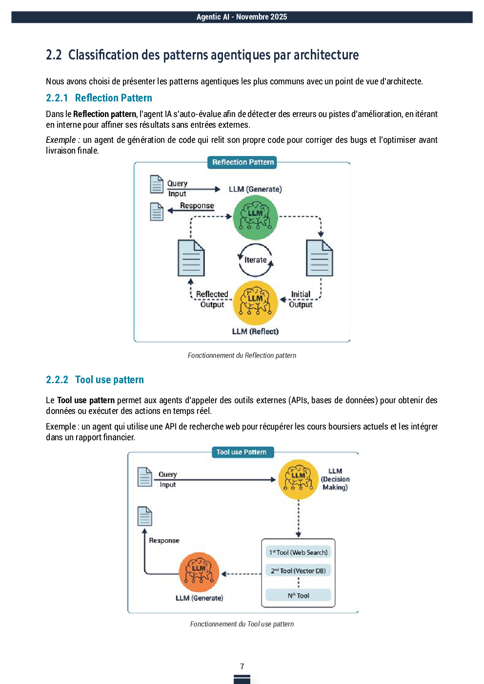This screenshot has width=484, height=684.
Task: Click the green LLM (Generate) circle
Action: coord(255,217)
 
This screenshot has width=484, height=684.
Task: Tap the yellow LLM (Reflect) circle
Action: coord(255,302)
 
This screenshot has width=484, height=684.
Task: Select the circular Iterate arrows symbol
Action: coord(255,260)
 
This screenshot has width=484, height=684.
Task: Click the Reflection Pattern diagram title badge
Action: coord(243,162)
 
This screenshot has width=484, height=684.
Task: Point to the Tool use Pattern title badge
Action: coord(242,452)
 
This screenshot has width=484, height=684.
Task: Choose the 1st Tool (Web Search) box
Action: coord(298,552)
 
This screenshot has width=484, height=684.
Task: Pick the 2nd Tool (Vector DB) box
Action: coord(298,570)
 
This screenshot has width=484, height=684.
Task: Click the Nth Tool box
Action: coord(298,595)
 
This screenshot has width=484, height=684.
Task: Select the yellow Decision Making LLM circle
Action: coord(298,479)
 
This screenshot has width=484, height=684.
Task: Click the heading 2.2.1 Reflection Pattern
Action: coord(99,98)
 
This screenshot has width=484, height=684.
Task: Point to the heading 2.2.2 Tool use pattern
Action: coord(95,380)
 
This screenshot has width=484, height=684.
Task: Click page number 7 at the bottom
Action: coord(242,666)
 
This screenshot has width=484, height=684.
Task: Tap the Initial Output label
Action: coord(301,299)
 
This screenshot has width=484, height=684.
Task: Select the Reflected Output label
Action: coord(212,299)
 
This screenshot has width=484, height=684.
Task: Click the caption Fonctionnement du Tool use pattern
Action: coord(242,624)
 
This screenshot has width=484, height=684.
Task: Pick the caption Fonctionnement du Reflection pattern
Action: coord(242,355)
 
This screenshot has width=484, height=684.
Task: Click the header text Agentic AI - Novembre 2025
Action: coord(242,17)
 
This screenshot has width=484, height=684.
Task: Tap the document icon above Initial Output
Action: coord(320,258)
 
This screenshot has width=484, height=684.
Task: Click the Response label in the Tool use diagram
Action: coord(164,541)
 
